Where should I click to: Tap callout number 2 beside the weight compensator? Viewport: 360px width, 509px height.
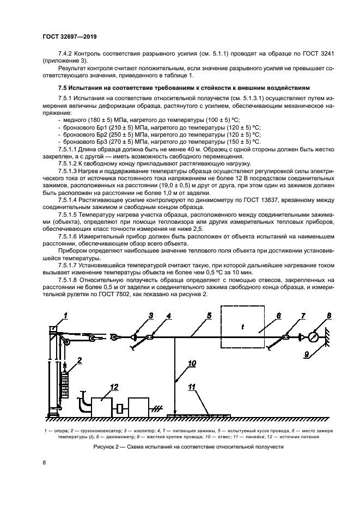pyautogui.click(x=80, y=360)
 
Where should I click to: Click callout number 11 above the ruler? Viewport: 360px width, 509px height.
pyautogui.click(x=192, y=388)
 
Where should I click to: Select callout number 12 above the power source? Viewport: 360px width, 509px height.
pyautogui.click(x=113, y=387)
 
